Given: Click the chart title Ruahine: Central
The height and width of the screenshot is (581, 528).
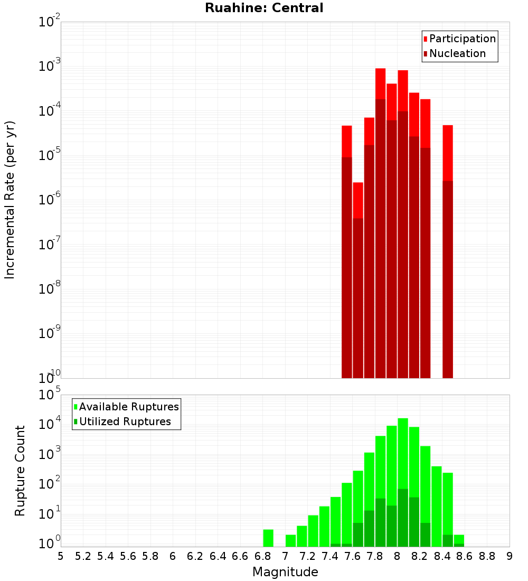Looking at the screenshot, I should click(264, 8).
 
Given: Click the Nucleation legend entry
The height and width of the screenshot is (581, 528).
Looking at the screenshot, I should click(457, 53).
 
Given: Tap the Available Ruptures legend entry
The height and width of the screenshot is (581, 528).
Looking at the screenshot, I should click(128, 407).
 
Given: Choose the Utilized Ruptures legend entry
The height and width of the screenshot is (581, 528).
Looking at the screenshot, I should click(125, 421).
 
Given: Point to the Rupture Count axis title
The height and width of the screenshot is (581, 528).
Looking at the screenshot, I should click(20, 470).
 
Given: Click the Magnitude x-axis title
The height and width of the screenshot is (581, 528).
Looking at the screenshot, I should click(285, 572).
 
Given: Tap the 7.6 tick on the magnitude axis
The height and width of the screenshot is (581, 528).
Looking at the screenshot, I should click(352, 556).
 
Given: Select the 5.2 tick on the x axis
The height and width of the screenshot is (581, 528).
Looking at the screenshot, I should click(83, 556).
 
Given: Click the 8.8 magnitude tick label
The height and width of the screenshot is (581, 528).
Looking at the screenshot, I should click(487, 556).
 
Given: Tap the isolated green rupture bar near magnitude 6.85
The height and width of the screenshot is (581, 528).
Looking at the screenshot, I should click(268, 538).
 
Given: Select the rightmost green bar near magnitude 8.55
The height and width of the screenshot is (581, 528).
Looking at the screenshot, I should click(459, 540).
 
